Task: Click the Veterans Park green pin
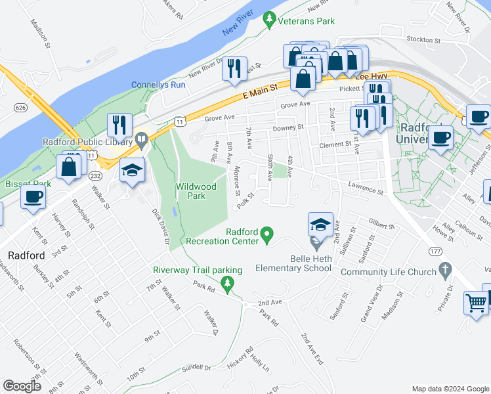(x=268, y=20)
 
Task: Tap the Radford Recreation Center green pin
(x=267, y=233)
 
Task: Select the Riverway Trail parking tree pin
(x=227, y=284)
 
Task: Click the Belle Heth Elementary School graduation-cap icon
(x=320, y=225)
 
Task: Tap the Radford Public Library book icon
(x=142, y=139)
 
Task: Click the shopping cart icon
(x=477, y=303)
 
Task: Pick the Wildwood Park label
(x=196, y=191)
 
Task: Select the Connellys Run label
(x=158, y=85)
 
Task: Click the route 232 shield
(x=95, y=176)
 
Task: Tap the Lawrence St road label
(x=366, y=189)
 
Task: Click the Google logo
(x=22, y=386)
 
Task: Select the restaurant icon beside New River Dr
(x=234, y=68)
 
